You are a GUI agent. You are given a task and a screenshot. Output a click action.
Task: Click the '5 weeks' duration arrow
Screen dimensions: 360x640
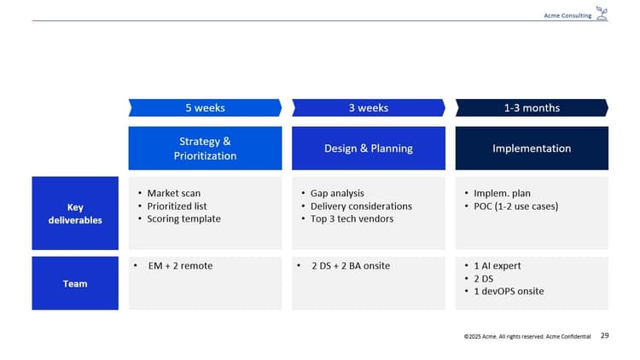click(205, 107)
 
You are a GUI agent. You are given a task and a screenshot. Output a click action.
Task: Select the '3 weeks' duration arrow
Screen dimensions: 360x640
click(369, 107)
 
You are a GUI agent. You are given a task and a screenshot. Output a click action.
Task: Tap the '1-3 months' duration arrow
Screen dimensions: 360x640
click(532, 107)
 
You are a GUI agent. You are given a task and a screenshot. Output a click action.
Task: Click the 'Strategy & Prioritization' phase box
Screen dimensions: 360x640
click(205, 148)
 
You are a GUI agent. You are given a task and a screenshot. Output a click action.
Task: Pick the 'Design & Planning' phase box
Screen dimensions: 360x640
click(369, 148)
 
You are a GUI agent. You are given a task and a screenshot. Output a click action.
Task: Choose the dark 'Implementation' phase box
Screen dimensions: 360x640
click(532, 148)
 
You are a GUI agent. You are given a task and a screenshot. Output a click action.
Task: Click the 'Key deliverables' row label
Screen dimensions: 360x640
click(75, 213)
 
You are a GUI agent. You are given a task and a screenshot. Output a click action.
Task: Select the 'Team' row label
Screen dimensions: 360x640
click(75, 283)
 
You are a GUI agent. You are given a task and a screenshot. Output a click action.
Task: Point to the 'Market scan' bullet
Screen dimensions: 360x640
click(173, 194)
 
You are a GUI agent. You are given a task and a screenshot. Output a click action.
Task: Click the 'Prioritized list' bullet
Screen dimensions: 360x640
click(177, 206)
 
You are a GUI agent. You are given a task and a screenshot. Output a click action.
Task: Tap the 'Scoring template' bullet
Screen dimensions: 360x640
click(183, 219)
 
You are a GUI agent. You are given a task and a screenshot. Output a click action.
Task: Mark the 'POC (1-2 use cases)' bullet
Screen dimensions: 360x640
click(516, 206)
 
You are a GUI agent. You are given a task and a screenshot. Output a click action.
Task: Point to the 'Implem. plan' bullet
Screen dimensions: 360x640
click(503, 194)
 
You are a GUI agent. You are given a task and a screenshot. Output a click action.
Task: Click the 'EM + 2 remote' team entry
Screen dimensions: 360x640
click(180, 266)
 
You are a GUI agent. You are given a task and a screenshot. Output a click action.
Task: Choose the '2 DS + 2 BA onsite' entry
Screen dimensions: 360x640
click(351, 266)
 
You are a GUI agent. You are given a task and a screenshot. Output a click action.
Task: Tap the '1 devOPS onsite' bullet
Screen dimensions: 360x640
click(509, 292)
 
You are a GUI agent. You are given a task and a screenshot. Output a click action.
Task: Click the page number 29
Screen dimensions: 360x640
click(605, 337)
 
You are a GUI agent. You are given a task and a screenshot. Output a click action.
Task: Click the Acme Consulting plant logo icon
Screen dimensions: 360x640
click(602, 14)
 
